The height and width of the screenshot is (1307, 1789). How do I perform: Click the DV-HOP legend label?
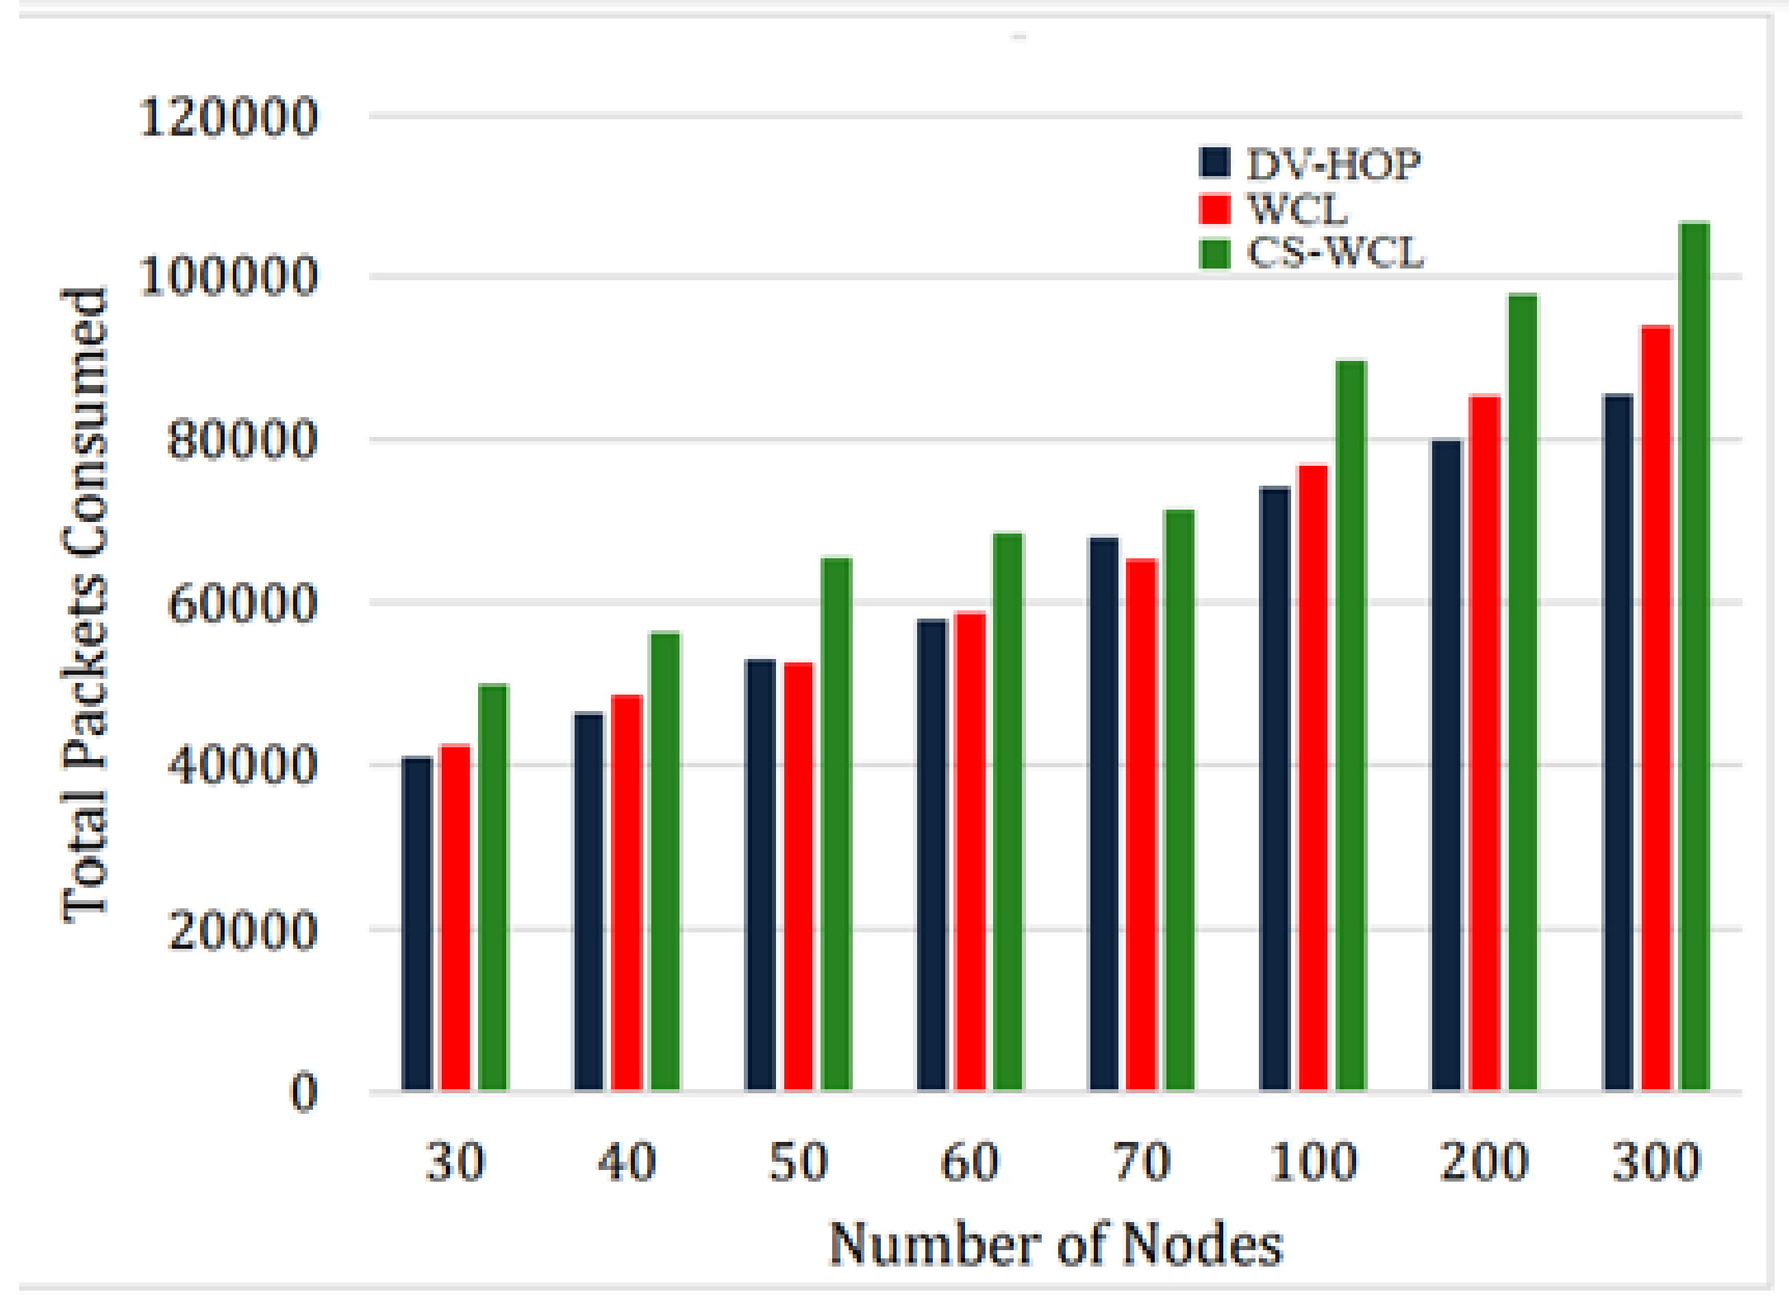1334,164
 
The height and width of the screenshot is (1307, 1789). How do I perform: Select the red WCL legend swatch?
1214,209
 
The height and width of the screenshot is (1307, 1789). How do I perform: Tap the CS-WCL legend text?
1335,253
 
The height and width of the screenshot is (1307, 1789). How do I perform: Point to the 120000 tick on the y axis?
229,118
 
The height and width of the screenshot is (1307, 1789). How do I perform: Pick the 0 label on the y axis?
303,1093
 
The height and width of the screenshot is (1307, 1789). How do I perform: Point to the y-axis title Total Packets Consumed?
84,606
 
